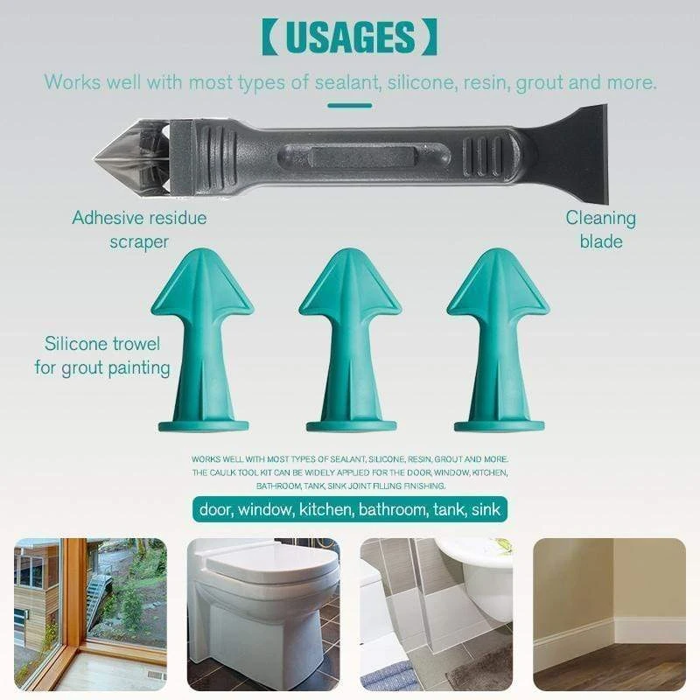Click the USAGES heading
[349, 38]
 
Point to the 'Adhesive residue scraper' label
[139, 228]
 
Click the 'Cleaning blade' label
[600, 229]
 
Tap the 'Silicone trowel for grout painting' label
[102, 355]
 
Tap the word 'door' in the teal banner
[215, 508]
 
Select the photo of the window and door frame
[90, 613]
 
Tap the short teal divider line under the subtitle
[349, 106]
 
